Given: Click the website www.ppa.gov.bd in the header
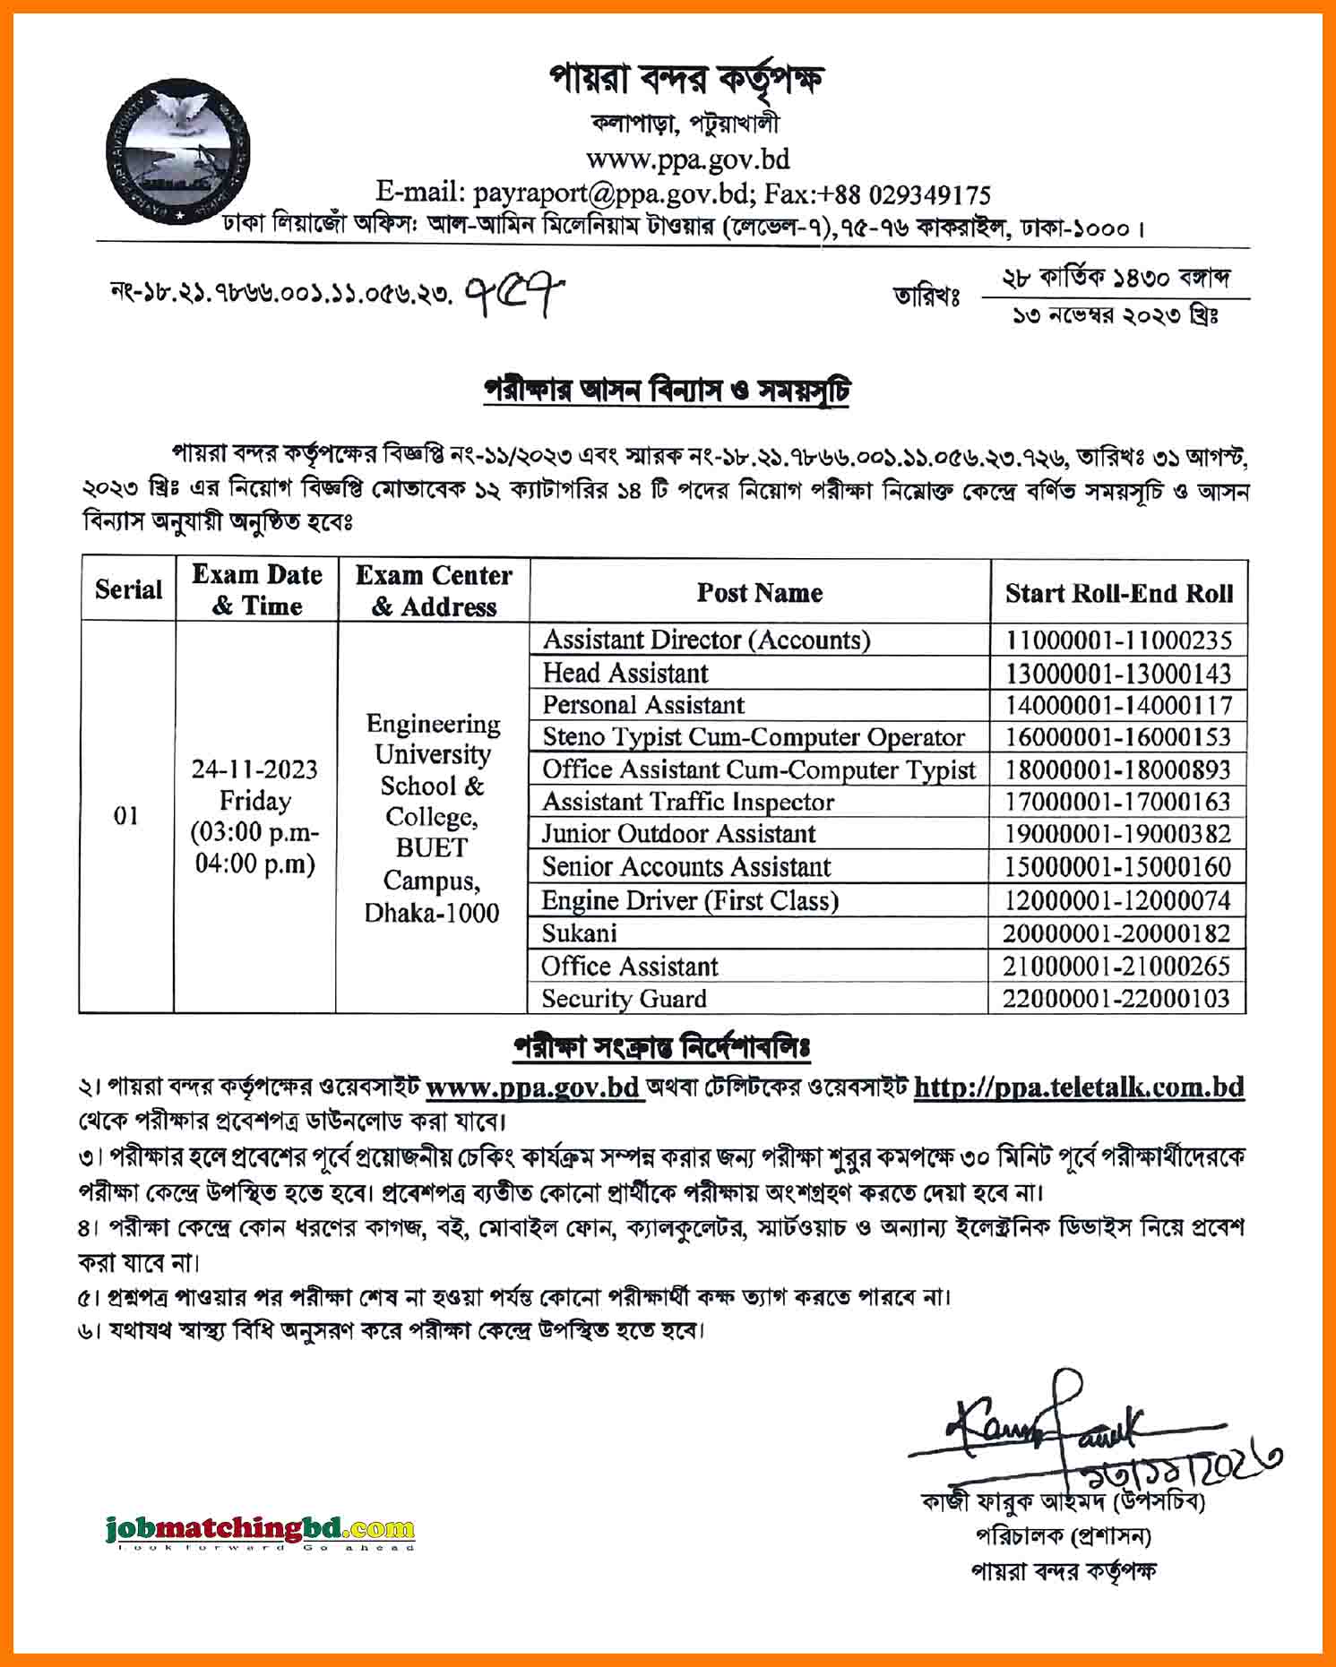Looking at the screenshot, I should tap(687, 159).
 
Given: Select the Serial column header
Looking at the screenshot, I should tap(128, 589).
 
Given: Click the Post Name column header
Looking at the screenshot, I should tap(759, 592).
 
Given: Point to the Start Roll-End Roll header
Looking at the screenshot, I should tap(1118, 593).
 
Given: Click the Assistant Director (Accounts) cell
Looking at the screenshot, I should tap(706, 640).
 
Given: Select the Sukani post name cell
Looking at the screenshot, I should tap(580, 932).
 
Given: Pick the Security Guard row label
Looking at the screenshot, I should tap(624, 998).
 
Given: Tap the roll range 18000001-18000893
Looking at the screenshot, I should tap(1117, 769).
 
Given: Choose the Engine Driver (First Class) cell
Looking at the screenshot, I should tap(690, 899).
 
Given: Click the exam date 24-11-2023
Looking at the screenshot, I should tap(254, 769).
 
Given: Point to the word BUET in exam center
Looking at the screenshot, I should tap(431, 847).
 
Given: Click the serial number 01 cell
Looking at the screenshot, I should tap(126, 816).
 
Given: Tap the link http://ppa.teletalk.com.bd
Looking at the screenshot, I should tap(1079, 1087).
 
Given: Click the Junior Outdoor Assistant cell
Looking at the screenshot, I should tap(678, 834).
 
